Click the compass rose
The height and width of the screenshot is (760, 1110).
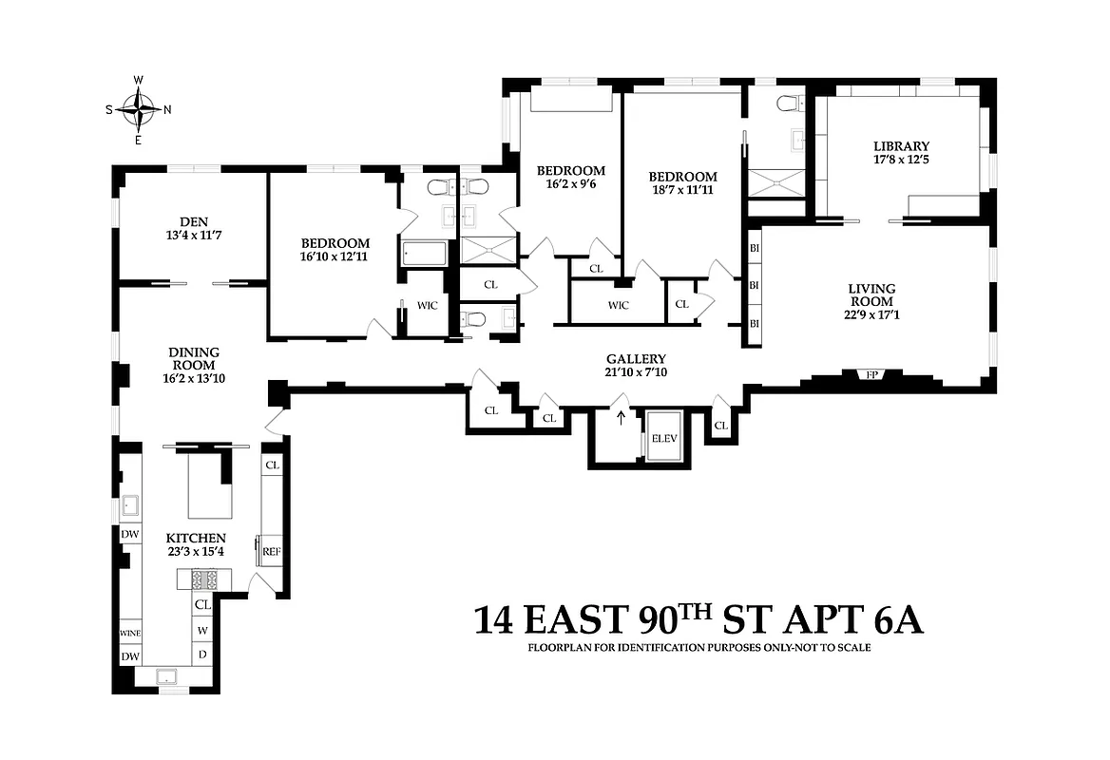pos(139,109)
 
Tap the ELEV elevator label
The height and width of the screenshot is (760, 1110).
pos(662,439)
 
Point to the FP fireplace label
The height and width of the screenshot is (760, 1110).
pos(871,375)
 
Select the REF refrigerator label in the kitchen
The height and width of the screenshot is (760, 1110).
pos(272,551)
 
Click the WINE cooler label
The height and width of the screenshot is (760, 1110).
pos(129,633)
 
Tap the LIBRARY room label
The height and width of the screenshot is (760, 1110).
pos(901,146)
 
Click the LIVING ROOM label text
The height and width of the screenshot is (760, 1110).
pos(872,294)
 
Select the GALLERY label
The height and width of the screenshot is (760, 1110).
pos(635,359)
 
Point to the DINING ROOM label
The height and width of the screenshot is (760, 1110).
pos(193,358)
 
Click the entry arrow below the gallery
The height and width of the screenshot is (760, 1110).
pos(622,419)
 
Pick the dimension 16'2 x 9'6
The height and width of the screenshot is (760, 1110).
pos(570,185)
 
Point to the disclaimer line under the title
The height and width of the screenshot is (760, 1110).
pos(699,649)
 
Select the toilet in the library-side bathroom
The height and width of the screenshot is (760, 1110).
pos(788,103)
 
